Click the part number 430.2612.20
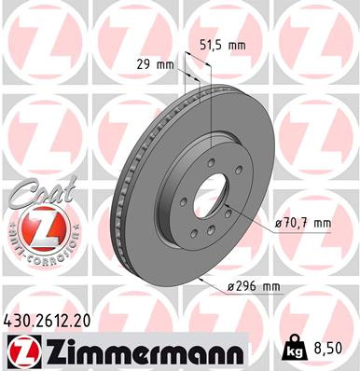pos(54,320)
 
